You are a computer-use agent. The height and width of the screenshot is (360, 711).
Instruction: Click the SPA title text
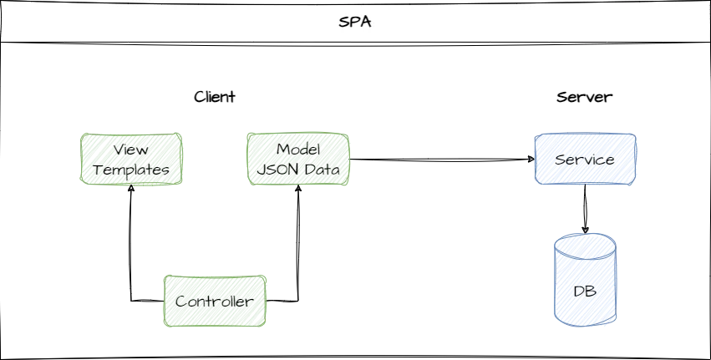355,22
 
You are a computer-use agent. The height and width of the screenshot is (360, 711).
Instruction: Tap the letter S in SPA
343,22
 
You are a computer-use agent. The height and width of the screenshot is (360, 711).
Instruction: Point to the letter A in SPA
366,22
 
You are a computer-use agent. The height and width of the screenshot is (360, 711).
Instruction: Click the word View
130,150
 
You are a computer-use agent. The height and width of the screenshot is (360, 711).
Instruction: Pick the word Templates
131,170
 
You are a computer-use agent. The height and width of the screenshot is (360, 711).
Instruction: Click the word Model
298,149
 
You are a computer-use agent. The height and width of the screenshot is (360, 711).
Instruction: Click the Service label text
585,159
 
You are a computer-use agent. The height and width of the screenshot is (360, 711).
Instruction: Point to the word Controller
214,302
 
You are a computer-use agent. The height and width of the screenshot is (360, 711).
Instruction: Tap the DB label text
585,292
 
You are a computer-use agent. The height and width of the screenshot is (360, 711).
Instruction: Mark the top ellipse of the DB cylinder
585,246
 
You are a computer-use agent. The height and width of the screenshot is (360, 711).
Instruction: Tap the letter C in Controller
180,302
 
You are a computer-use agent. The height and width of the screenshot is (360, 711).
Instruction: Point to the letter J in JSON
262,170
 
